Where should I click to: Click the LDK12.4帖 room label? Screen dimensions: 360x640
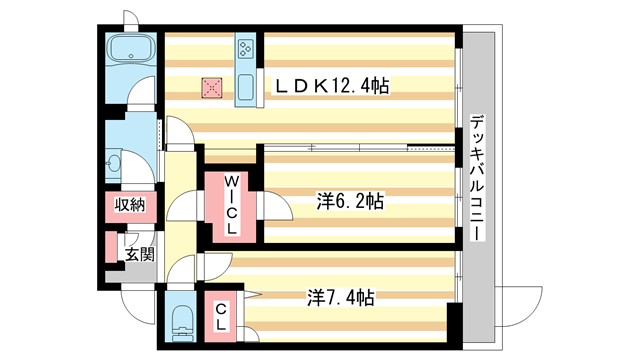[331, 87]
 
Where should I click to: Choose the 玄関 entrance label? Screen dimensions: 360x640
[139, 254]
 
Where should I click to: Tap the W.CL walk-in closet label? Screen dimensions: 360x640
[230, 205]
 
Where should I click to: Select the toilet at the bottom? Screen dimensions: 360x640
[181, 322]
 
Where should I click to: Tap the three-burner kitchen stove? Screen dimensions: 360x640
[247, 47]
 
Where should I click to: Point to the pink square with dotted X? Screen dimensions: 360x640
[212, 88]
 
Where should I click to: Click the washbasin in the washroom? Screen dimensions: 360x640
[114, 162]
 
